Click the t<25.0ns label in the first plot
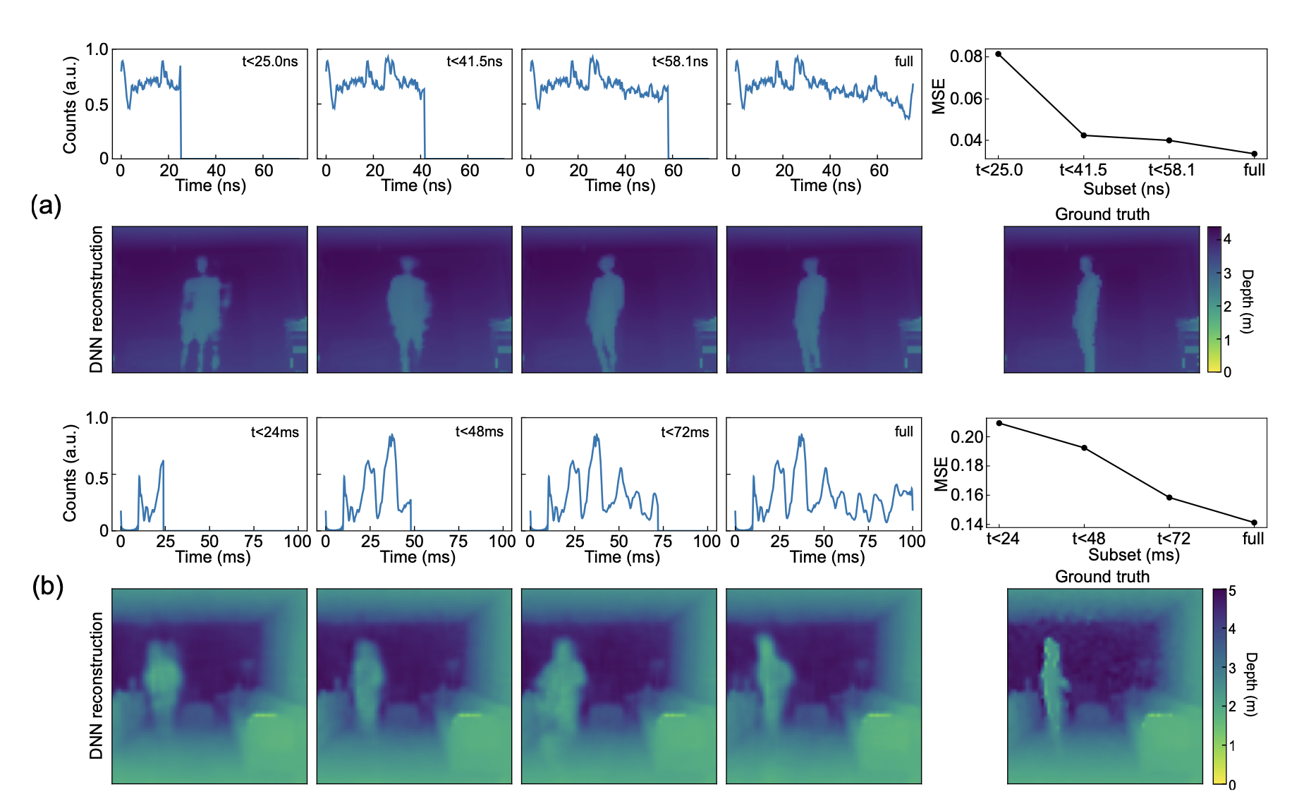click(270, 62)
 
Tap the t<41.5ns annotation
click(475, 62)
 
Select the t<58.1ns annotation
click(680, 62)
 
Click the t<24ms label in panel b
click(275, 432)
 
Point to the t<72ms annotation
click(685, 432)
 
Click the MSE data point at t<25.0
click(999, 54)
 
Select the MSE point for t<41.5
click(1084, 135)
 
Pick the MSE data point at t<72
click(1169, 498)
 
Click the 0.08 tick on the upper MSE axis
click(966, 56)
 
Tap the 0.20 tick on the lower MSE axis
click(967, 437)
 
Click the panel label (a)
click(46, 206)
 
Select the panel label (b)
click(47, 587)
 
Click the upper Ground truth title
click(1102, 214)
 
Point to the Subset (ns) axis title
click(1126, 189)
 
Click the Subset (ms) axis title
click(1133, 555)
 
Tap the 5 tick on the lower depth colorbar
click(1232, 591)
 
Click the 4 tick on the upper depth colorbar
click(1227, 239)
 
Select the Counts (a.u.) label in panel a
click(69, 105)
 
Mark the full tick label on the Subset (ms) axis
click(1253, 539)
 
